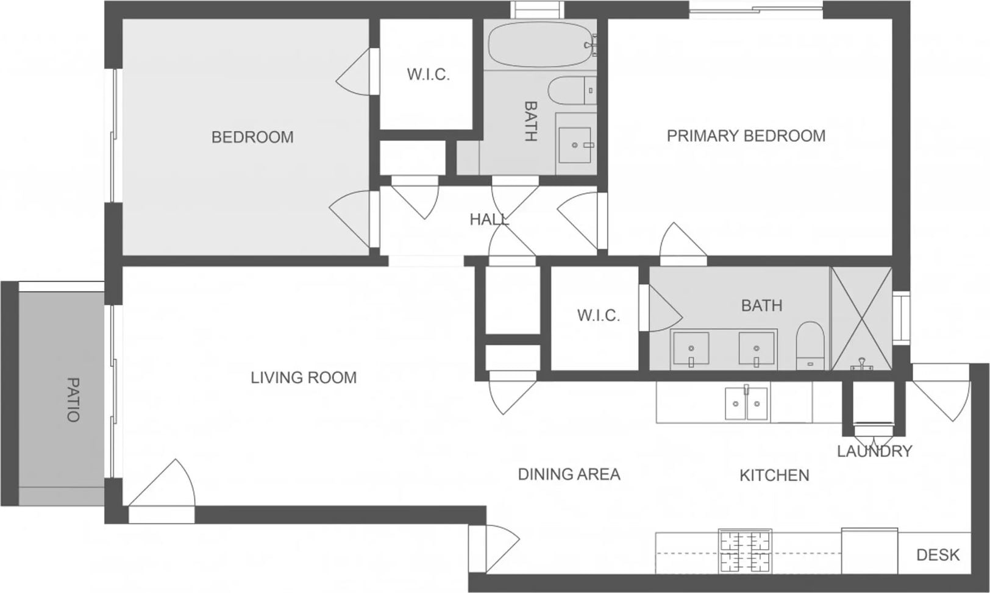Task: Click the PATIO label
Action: [x=73, y=399]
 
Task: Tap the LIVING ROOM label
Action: [x=304, y=378]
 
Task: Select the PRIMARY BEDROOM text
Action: [x=746, y=136]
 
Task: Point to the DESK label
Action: [x=938, y=555]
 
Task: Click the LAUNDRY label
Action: [x=875, y=451]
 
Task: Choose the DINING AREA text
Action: [x=569, y=474]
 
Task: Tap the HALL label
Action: [x=490, y=219]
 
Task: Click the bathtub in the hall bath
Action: [x=540, y=44]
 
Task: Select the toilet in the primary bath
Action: [x=810, y=346]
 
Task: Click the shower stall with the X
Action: [x=861, y=318]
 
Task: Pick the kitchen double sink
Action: [x=747, y=403]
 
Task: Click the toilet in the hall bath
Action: [x=572, y=91]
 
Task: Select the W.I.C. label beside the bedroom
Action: [x=429, y=75]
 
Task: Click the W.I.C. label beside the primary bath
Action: [x=599, y=316]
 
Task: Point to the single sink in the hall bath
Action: [x=575, y=145]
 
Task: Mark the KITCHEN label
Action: [x=774, y=475]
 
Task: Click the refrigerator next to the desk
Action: [x=869, y=550]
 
